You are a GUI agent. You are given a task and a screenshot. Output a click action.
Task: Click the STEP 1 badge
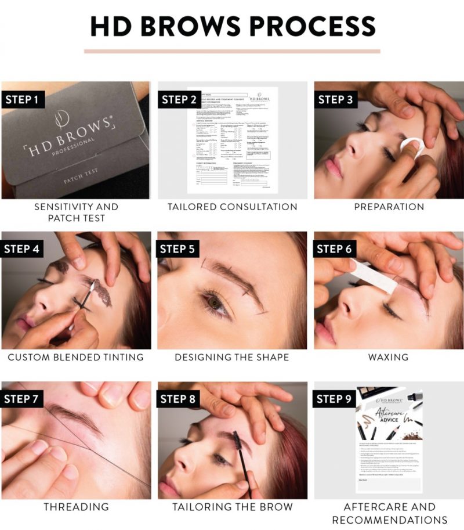click(22, 99)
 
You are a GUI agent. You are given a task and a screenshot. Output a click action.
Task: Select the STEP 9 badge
click(335, 399)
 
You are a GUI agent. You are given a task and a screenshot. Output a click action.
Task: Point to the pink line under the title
click(232, 51)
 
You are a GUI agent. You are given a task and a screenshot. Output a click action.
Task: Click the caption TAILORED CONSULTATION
click(232, 207)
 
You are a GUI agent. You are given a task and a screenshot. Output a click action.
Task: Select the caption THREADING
click(76, 507)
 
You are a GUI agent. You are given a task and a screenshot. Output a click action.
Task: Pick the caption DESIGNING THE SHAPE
click(232, 357)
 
